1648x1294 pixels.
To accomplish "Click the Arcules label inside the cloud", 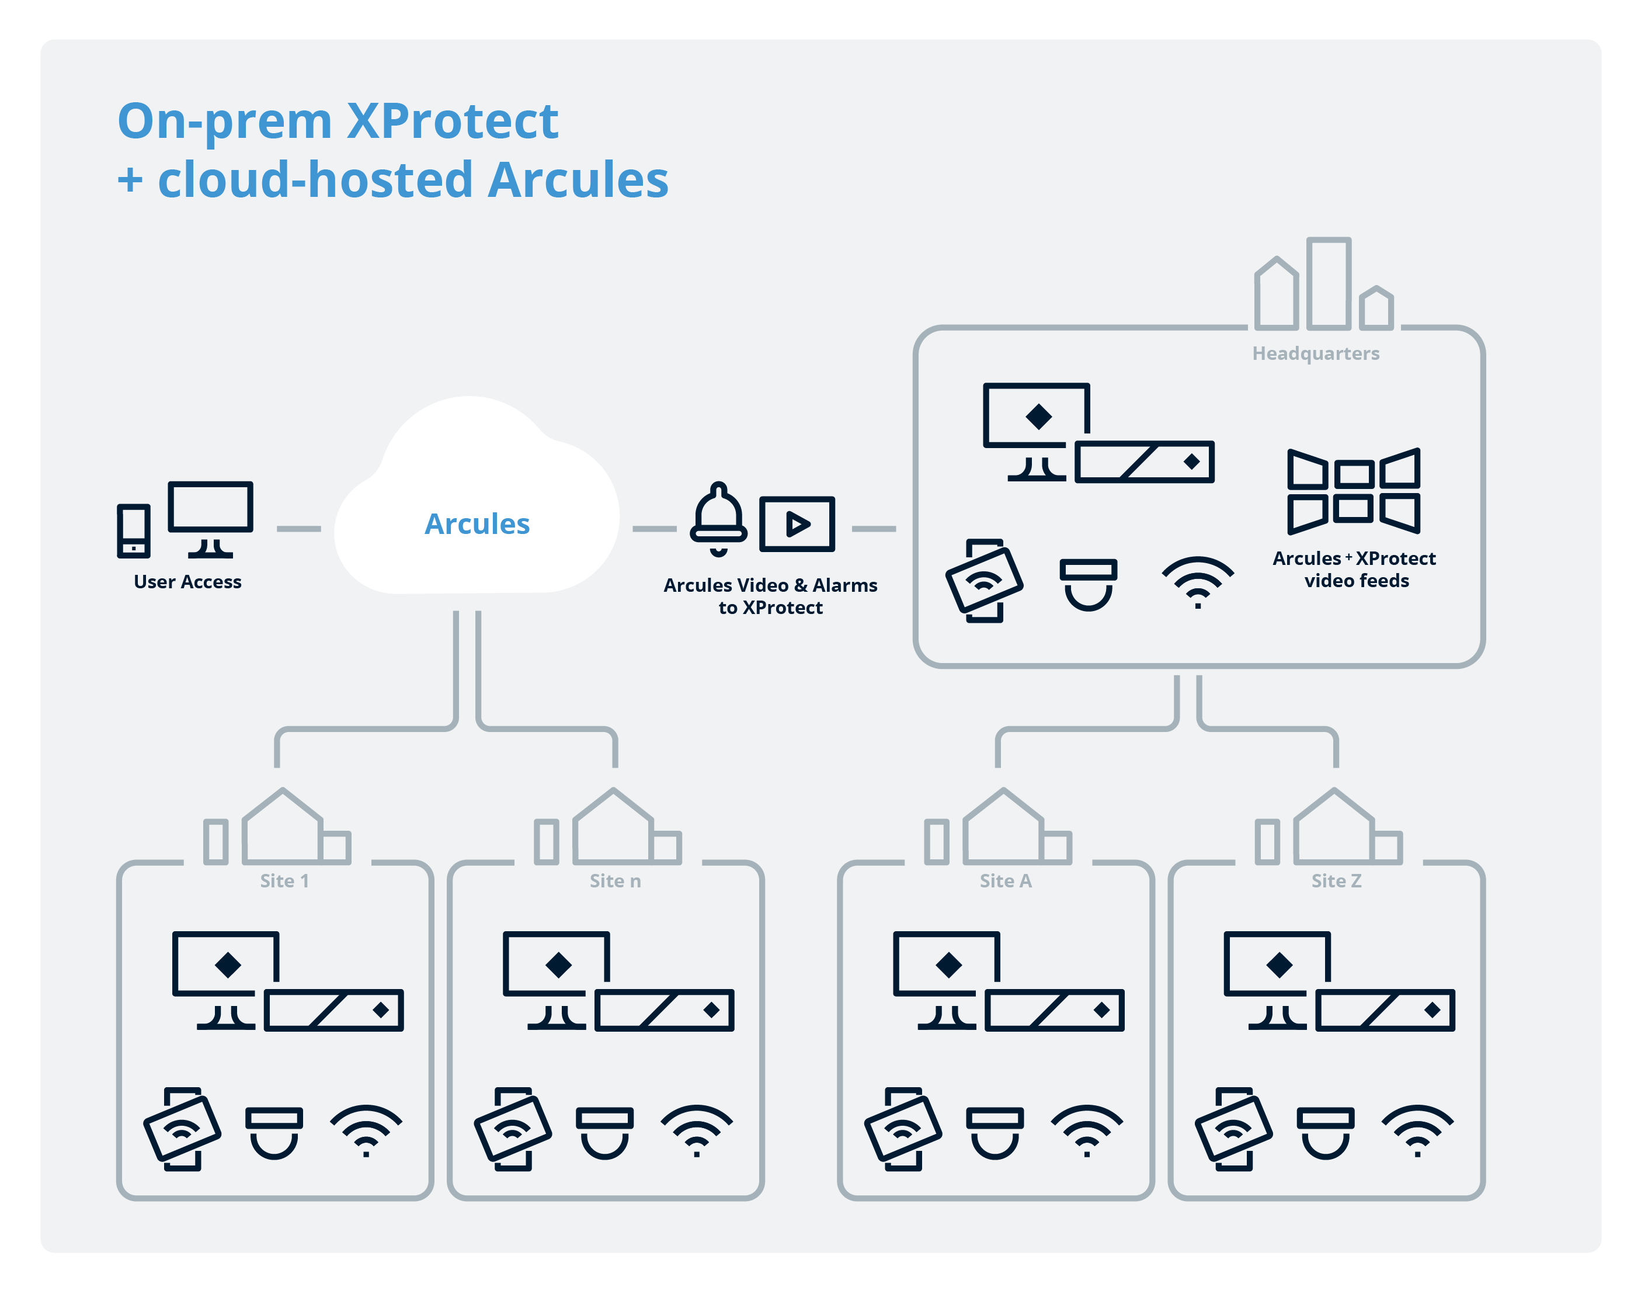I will pyautogui.click(x=477, y=523).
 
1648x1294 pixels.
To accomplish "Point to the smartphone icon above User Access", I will pyautogui.click(x=133, y=530).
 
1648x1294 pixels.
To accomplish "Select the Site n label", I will pyautogui.click(x=615, y=880).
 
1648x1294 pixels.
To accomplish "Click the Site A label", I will pyautogui.click(x=1005, y=880).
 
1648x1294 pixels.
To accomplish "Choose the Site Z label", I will pyautogui.click(x=1336, y=880).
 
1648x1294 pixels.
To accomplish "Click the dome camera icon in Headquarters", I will pyautogui.click(x=1087, y=584).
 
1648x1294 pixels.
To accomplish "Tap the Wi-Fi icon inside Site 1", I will pyautogui.click(x=366, y=1130).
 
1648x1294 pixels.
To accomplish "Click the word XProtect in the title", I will pyautogui.click(x=452, y=121).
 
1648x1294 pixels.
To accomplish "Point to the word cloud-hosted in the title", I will pyautogui.click(x=315, y=181).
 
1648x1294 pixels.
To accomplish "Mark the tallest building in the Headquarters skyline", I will pyautogui.click(x=1329, y=283).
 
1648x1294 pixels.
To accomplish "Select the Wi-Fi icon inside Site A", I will pyautogui.click(x=1086, y=1130).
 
